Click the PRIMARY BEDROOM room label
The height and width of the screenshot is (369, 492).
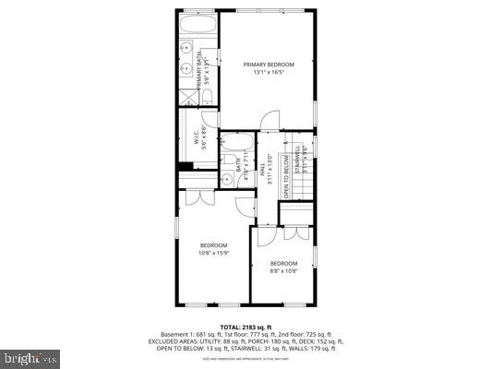(269, 64)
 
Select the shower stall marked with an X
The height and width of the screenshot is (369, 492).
(187, 95)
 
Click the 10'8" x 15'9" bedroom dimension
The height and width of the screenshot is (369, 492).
(212, 252)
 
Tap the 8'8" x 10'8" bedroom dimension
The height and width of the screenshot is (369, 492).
(283, 270)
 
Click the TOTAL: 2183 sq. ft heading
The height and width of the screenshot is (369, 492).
(246, 327)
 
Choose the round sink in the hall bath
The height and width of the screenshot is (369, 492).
(227, 178)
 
